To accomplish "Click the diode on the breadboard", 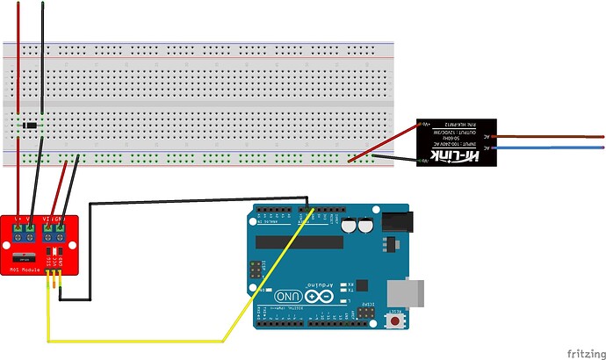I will tap(32, 127).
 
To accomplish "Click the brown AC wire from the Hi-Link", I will tap(553, 137).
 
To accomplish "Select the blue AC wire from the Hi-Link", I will tap(553, 150).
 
